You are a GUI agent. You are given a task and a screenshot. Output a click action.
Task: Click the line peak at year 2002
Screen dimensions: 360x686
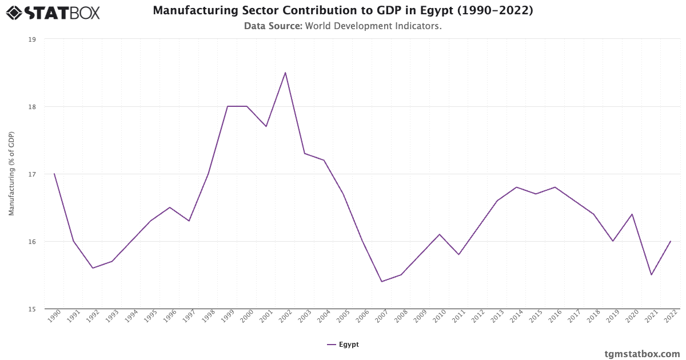(285, 73)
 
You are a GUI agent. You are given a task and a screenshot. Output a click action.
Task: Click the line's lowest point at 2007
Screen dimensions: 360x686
(382, 282)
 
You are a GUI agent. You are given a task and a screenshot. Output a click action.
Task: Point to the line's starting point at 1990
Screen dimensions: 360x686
(54, 174)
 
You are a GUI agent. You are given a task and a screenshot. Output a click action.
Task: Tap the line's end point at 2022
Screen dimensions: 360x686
(671, 241)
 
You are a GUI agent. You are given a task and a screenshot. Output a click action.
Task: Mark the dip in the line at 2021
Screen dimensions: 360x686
(651, 275)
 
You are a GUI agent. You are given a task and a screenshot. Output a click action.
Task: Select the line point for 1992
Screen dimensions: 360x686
(93, 268)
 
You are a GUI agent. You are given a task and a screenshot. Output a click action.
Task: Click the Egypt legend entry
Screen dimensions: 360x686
(343, 345)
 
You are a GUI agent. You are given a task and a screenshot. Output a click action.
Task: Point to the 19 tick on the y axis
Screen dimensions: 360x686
(32, 39)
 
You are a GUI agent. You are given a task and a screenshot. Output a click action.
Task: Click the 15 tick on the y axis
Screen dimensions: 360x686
(32, 309)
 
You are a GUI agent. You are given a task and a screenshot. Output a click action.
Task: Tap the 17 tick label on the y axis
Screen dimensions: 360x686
(32, 174)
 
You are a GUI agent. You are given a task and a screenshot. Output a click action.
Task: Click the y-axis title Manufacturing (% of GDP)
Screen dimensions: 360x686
(11, 174)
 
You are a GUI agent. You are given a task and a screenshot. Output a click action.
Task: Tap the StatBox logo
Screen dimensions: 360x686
(53, 12)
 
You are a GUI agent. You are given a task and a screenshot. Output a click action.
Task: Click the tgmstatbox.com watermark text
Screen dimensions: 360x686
(642, 354)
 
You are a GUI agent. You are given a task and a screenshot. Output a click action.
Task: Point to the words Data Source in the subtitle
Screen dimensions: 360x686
(273, 26)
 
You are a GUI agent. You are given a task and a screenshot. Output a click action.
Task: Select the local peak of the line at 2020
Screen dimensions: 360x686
(632, 214)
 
